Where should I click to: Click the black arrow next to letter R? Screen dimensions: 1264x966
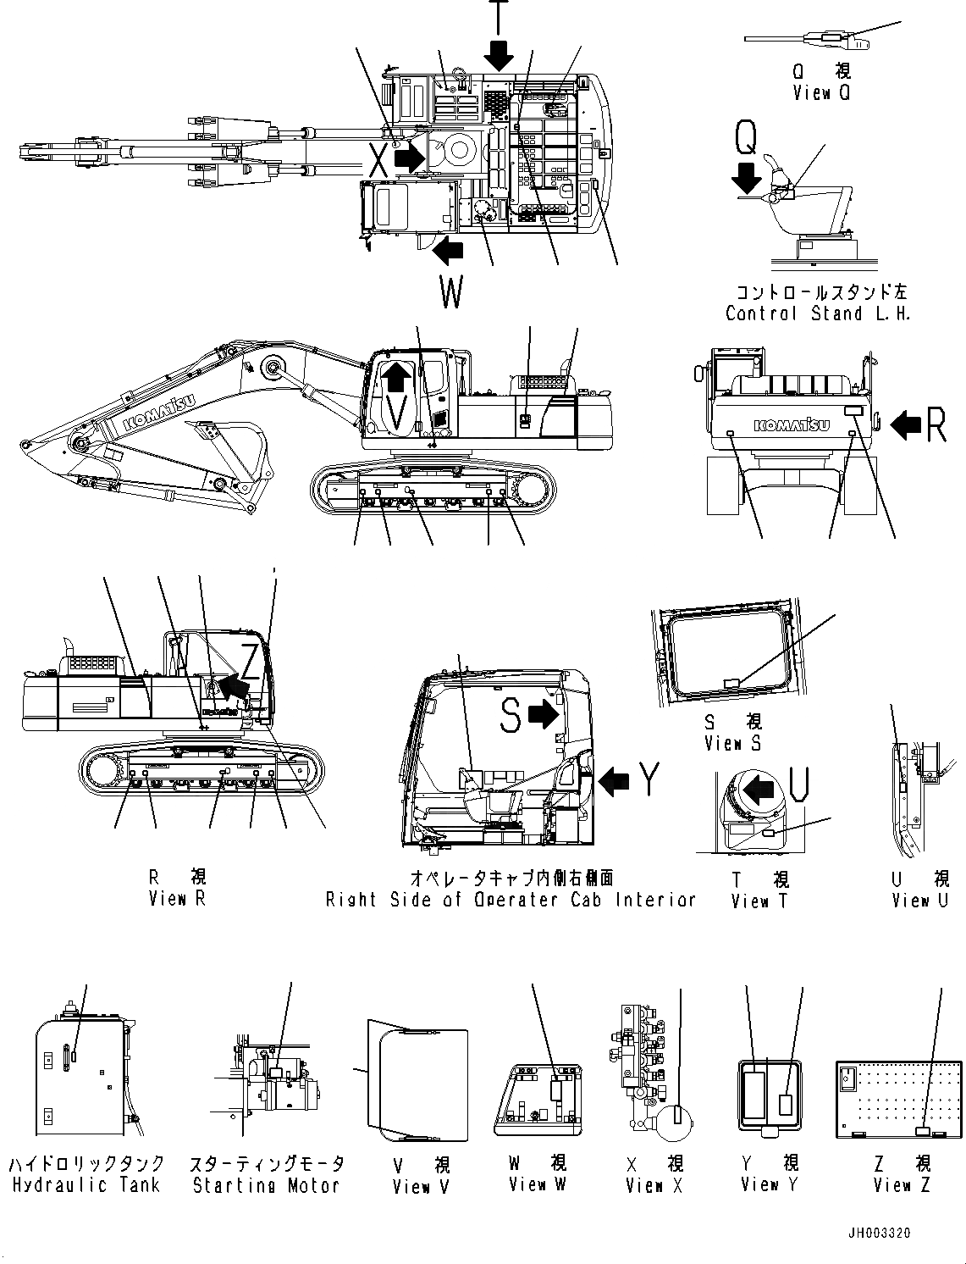(x=907, y=424)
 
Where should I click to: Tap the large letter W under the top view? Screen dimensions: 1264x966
(x=451, y=293)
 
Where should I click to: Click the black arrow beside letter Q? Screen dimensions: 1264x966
(x=746, y=177)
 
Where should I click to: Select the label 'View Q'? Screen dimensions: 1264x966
(x=820, y=92)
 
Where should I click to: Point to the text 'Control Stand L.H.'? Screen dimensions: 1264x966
(x=817, y=313)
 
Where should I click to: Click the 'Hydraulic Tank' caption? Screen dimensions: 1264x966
(x=86, y=1185)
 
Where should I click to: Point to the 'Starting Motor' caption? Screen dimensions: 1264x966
(x=266, y=1185)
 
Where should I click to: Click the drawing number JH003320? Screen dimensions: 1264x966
(x=878, y=1233)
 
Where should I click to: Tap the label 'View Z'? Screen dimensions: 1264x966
(x=903, y=1185)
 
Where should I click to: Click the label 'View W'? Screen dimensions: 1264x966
(x=536, y=1184)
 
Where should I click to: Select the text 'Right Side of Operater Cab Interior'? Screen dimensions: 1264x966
(x=511, y=900)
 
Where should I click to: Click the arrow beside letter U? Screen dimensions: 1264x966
(x=759, y=790)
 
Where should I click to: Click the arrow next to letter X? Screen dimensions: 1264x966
(x=410, y=158)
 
